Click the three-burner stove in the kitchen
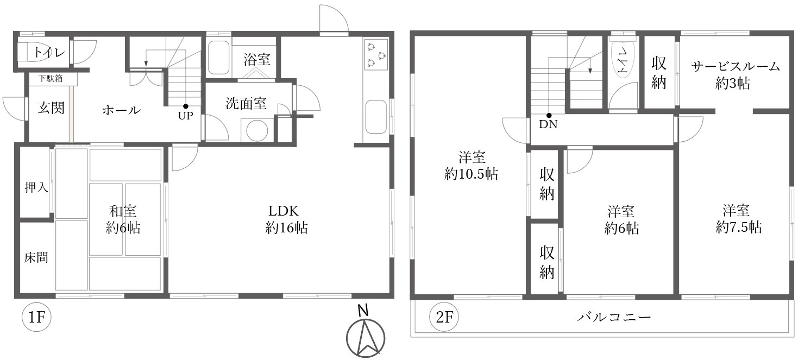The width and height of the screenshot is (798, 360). coord(376,54)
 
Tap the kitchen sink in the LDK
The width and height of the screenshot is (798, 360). coord(375,116)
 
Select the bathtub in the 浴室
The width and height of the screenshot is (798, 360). coord(218,56)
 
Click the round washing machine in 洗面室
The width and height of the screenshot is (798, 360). coord(257,131)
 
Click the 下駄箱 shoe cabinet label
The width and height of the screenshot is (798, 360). coord(51,79)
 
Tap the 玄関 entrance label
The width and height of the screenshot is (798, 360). coord(51,108)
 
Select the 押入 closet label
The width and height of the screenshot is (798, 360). coord(36,188)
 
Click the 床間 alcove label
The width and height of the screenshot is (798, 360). coord(36,257)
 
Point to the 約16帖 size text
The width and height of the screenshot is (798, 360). coord(286,228)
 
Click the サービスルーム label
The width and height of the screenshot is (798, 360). coord(735,67)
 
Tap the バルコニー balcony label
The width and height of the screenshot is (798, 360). coord(614,317)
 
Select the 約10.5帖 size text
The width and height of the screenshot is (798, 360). coord(471,174)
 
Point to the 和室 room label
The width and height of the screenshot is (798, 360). coord(123,211)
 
